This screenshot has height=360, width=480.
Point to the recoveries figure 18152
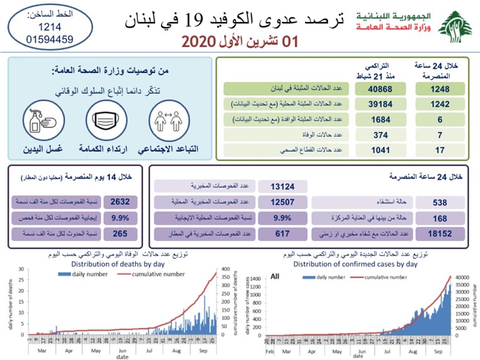point(440,233)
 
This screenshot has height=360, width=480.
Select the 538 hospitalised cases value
point(440,202)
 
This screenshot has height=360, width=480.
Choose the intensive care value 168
point(440,218)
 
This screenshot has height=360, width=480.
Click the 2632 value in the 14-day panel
point(120,202)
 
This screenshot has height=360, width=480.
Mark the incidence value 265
point(120,233)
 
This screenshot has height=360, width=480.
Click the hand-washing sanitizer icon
point(42,121)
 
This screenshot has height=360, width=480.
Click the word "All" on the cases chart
point(275,276)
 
